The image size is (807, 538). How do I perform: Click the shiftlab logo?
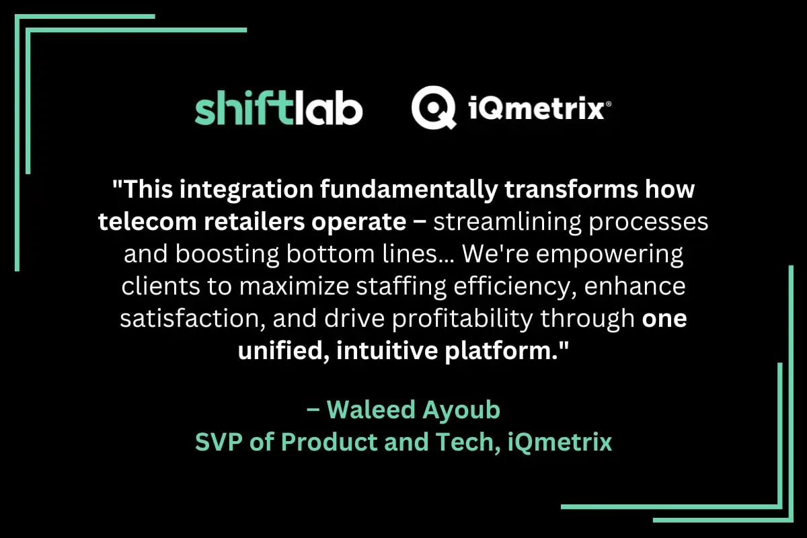278,109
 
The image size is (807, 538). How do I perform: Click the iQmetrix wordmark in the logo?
536,109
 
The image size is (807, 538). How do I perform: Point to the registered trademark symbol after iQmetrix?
608,105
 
